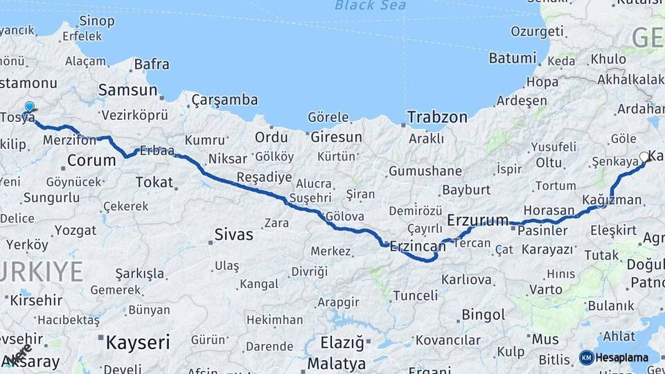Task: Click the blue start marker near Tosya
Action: point(29,107)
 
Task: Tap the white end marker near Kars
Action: point(644,157)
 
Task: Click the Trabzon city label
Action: point(436,117)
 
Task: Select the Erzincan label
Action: point(418,245)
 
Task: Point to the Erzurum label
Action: point(478,220)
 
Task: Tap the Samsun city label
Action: point(127,90)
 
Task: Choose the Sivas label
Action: point(233,234)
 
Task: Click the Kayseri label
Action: point(138,342)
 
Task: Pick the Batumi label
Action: point(513,58)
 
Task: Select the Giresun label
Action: point(336,137)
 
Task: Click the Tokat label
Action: point(154,181)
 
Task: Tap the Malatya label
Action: point(336,363)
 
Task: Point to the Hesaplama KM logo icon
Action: point(586,357)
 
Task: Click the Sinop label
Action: point(97,21)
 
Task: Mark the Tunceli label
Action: point(415,296)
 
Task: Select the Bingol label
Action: point(483,315)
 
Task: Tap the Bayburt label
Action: point(465,189)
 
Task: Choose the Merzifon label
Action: point(69,140)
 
